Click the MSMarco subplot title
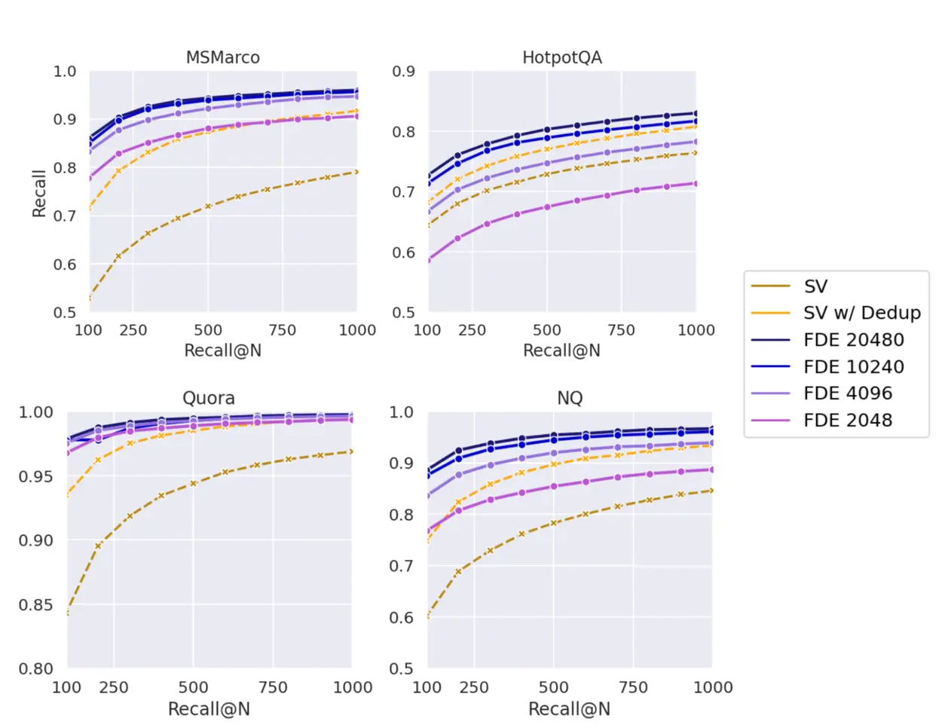(x=222, y=58)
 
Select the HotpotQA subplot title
(x=561, y=58)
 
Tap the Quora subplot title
(x=209, y=398)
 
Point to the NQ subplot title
(x=570, y=398)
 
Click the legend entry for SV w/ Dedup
(x=861, y=313)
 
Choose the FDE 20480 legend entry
(x=853, y=340)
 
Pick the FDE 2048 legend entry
(x=847, y=421)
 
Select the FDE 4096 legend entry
(x=847, y=393)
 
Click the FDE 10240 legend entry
(x=853, y=367)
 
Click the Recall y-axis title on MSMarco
(x=39, y=193)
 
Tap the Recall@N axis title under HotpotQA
(x=561, y=350)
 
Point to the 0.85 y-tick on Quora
(x=36, y=604)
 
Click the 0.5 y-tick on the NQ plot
(x=402, y=668)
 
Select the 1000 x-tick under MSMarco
(x=357, y=330)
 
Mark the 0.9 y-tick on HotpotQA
(x=403, y=72)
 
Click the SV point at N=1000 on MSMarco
(x=356, y=173)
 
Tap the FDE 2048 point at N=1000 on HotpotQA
(x=696, y=183)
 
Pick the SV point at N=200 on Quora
(x=98, y=546)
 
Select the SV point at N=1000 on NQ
(x=711, y=491)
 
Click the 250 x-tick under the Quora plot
(x=114, y=687)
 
